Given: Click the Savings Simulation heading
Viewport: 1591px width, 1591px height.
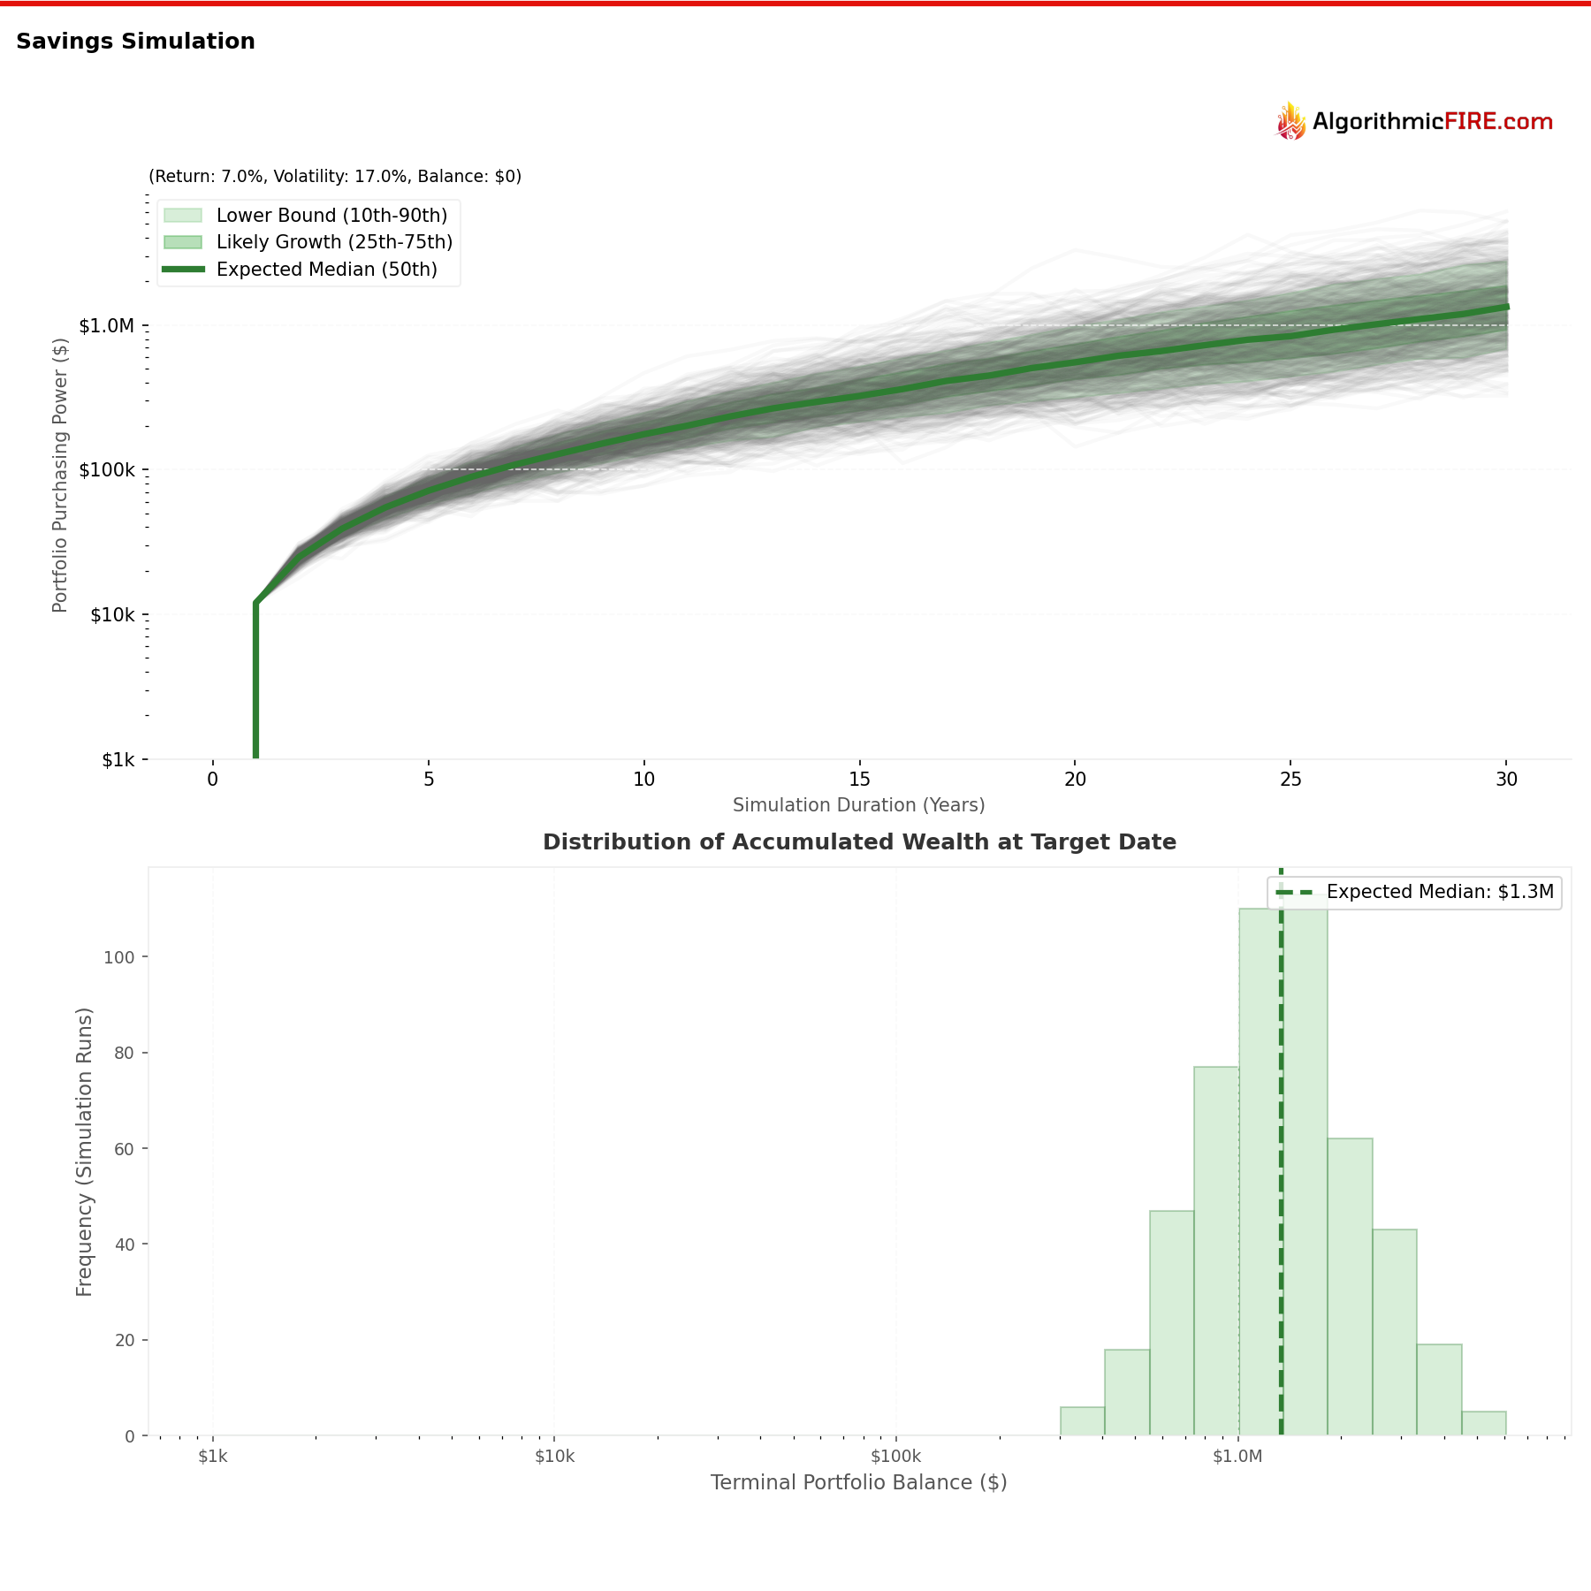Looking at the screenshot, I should click(x=135, y=42).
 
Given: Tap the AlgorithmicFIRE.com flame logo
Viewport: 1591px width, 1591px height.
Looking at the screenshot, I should click(x=1291, y=121).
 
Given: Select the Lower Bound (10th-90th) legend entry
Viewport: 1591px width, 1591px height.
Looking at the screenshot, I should click(x=331, y=216).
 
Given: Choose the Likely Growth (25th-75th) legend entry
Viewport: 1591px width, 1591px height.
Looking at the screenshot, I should click(x=334, y=242).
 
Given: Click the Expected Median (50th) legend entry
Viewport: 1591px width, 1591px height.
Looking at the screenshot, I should click(x=326, y=270).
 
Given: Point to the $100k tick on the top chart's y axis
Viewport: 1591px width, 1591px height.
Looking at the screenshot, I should click(x=107, y=470).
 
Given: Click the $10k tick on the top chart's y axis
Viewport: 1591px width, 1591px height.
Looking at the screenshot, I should click(x=112, y=615).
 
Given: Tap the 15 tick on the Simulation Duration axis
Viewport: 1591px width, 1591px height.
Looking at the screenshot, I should click(x=859, y=780).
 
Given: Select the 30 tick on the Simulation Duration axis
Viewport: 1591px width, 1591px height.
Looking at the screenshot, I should click(x=1506, y=780).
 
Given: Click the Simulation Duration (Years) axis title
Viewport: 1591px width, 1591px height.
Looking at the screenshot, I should click(x=858, y=805).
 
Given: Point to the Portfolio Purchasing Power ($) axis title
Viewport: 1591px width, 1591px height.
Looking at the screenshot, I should click(x=60, y=475).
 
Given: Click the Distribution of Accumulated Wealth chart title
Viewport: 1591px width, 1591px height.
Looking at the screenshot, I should click(x=859, y=842).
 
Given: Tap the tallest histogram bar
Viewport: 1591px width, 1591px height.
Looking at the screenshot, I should click(x=1305, y=1167).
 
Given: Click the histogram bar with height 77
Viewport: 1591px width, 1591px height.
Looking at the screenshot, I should click(x=1216, y=1251).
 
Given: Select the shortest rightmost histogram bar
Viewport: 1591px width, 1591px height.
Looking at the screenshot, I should click(x=1483, y=1423).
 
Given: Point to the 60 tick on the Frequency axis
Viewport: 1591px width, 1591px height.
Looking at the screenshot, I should click(x=124, y=1149).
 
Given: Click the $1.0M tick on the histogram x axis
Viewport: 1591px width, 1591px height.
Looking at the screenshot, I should click(x=1237, y=1457).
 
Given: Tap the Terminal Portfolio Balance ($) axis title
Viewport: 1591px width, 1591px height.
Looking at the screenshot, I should click(x=858, y=1482).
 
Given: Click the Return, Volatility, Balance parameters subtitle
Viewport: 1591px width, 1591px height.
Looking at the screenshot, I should click(x=335, y=177).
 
